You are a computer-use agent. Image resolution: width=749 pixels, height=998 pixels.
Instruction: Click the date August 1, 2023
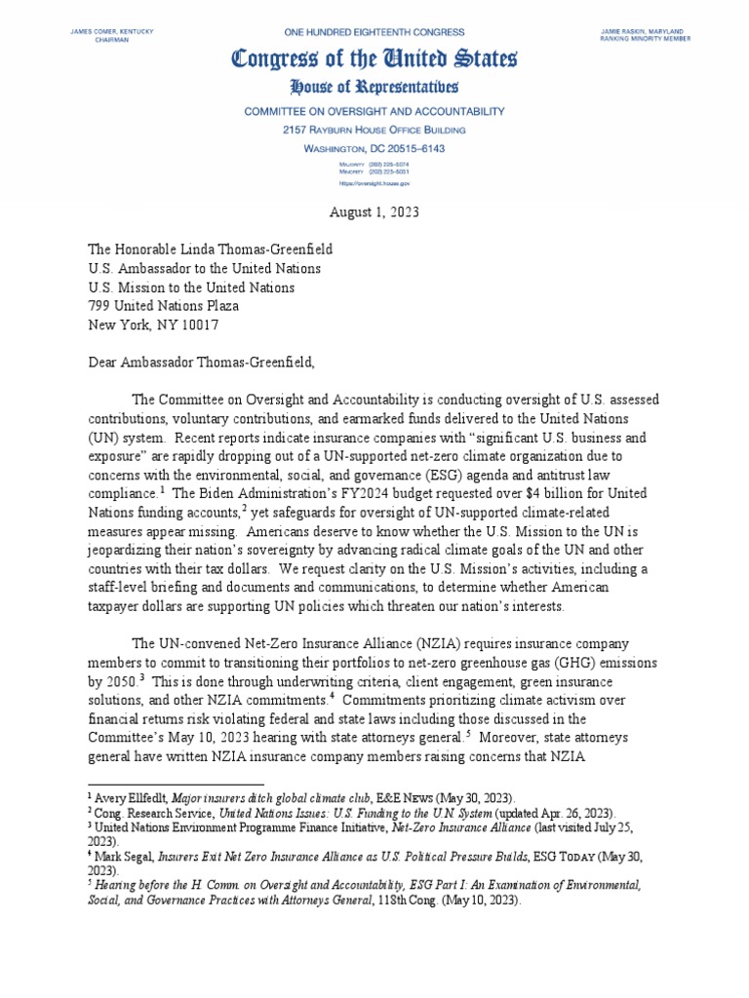(374, 211)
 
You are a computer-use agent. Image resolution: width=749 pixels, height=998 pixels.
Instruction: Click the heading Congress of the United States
(374, 60)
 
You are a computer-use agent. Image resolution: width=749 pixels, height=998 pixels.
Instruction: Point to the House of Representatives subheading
(374, 89)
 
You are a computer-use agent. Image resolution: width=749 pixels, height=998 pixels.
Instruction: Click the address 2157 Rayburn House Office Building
(374, 130)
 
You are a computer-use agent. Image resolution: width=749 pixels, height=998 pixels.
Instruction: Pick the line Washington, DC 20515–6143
(374, 147)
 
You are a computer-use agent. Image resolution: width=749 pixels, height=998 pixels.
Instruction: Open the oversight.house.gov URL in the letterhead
(374, 182)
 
